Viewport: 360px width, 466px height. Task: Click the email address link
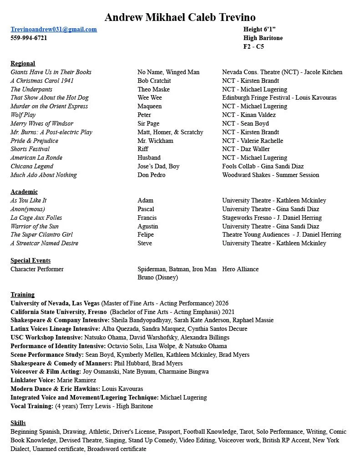(54, 29)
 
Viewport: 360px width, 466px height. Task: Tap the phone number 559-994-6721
(29, 38)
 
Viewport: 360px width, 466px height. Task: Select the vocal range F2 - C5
(254, 46)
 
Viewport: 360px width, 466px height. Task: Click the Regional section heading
(23, 63)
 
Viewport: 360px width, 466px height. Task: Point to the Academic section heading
(24, 192)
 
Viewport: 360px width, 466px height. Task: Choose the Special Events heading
(30, 260)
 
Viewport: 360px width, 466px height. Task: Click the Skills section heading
(18, 423)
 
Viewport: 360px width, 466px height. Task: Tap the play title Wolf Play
(23, 115)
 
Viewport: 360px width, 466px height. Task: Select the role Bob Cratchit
(154, 81)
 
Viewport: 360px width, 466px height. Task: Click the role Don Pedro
(152, 175)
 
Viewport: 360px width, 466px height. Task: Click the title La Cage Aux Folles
(36, 218)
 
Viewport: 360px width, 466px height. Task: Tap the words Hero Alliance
(240, 269)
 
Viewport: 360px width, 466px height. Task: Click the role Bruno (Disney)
(157, 277)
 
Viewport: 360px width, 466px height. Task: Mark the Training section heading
(23, 294)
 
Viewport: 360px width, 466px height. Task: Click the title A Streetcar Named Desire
(44, 243)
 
